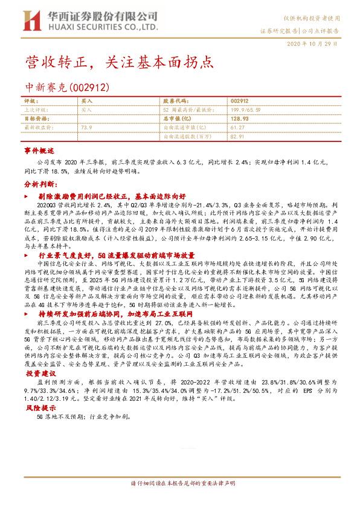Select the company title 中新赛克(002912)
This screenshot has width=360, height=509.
coord(67,87)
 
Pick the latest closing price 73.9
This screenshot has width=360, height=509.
coord(86,128)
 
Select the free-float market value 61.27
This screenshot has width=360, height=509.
coord(237,128)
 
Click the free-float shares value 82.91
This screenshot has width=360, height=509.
coord(237,137)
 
